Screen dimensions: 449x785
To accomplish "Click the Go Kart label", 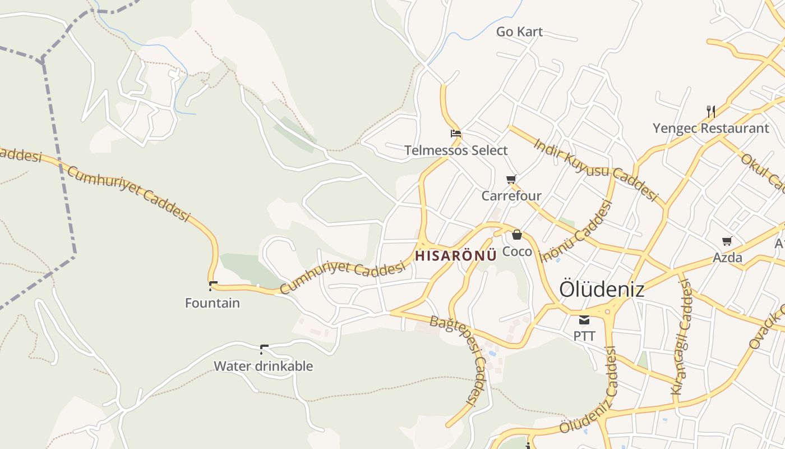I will coord(519,32).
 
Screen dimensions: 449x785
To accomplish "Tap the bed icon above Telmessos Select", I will coord(456,134).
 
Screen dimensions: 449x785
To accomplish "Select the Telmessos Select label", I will coord(456,150).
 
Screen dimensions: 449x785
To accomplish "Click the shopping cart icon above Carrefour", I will coord(511,180).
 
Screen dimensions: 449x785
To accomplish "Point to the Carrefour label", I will coord(511,196).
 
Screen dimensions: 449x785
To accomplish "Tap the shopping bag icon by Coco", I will coord(517,235).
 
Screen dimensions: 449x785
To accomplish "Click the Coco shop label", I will coord(517,251).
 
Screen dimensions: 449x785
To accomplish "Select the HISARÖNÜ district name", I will coord(456,256).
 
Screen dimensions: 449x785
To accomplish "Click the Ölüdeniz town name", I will coord(602,290).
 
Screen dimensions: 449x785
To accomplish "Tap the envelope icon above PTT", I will coord(584,320).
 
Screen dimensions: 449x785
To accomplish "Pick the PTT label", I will coord(584,336).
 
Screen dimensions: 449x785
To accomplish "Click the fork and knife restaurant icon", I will coord(711,111).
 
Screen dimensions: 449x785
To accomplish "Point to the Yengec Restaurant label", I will coord(711,129).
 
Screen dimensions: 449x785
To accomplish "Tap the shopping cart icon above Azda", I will coord(727,241).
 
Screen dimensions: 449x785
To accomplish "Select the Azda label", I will coord(727,258).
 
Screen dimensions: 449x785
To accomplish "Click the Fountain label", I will coord(213,303).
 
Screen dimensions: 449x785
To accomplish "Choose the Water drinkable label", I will coord(263,366).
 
